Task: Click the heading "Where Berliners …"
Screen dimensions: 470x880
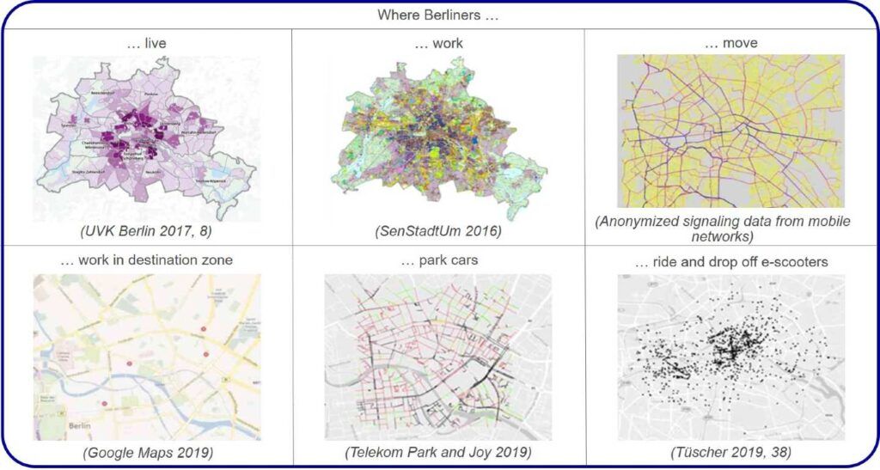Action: (438, 15)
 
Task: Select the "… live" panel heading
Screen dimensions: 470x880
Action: (147, 43)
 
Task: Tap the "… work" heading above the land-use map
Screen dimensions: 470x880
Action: (438, 43)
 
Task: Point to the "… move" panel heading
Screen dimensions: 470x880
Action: (730, 43)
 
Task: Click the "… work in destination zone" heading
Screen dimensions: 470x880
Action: (146, 261)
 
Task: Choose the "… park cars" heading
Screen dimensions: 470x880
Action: (438, 261)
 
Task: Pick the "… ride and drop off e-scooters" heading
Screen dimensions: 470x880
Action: (730, 261)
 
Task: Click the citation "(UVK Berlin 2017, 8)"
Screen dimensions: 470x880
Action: (147, 230)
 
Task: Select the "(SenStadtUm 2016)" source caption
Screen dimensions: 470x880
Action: (438, 230)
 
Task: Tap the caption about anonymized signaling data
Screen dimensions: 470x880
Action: (730, 228)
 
